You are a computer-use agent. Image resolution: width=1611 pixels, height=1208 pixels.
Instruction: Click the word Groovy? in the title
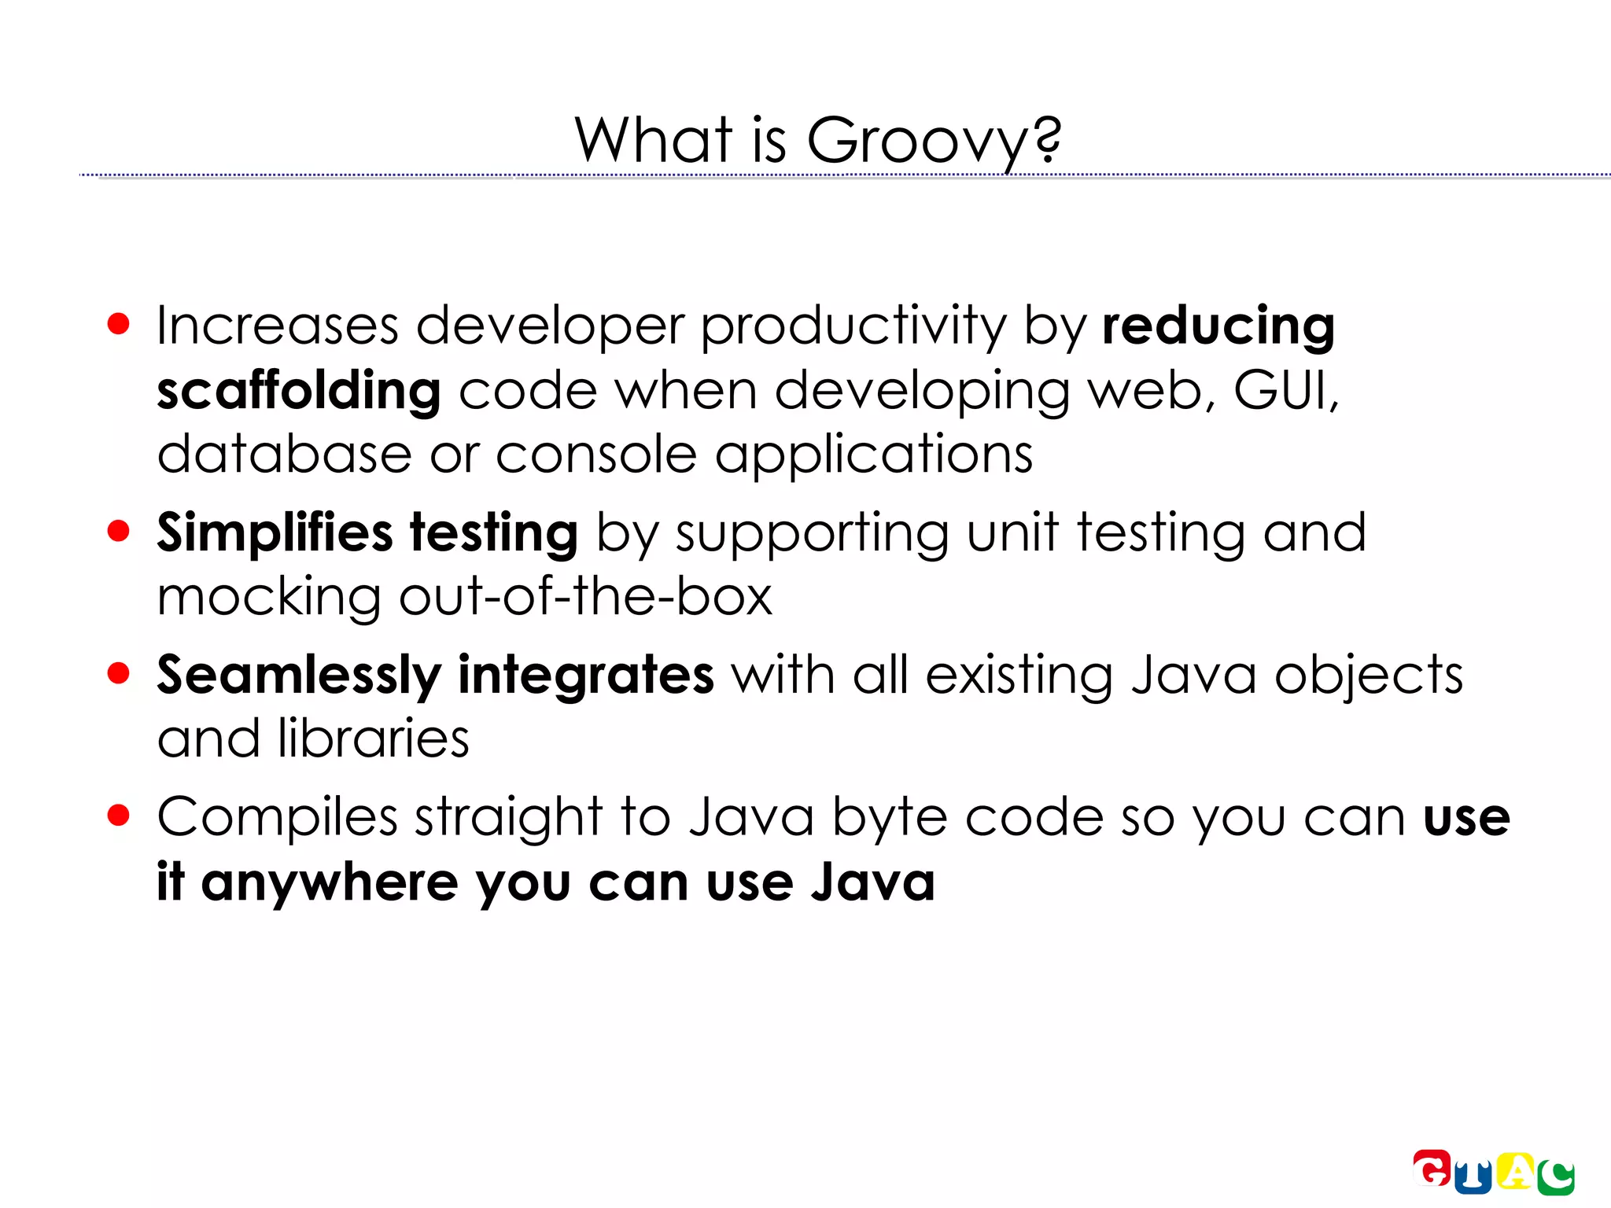coord(934,142)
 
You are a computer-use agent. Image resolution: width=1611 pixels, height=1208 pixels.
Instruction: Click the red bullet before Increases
coord(118,324)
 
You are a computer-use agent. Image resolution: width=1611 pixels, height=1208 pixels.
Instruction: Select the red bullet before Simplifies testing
coord(118,531)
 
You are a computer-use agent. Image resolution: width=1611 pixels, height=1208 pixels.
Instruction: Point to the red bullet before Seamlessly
coord(118,673)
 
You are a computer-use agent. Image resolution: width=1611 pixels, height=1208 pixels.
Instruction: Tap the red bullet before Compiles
coord(118,816)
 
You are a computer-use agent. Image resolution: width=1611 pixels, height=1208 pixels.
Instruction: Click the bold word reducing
coord(1218,326)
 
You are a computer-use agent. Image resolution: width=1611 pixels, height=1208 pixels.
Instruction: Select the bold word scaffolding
coord(299,390)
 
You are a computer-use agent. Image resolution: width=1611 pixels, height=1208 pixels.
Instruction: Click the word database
coord(284,455)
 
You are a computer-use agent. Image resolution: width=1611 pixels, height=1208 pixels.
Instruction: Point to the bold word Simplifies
coord(275,533)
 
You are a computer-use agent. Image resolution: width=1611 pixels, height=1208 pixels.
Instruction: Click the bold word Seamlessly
coord(299,676)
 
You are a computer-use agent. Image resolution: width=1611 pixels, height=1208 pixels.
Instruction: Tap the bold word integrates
coord(586,675)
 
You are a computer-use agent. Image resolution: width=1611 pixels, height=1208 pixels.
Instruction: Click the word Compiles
coord(278,818)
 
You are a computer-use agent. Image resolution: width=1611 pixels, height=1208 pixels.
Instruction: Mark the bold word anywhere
coord(330,883)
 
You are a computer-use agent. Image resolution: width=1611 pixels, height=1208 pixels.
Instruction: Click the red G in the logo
coord(1432,1168)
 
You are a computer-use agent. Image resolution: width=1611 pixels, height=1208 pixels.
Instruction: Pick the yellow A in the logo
coord(1515,1172)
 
